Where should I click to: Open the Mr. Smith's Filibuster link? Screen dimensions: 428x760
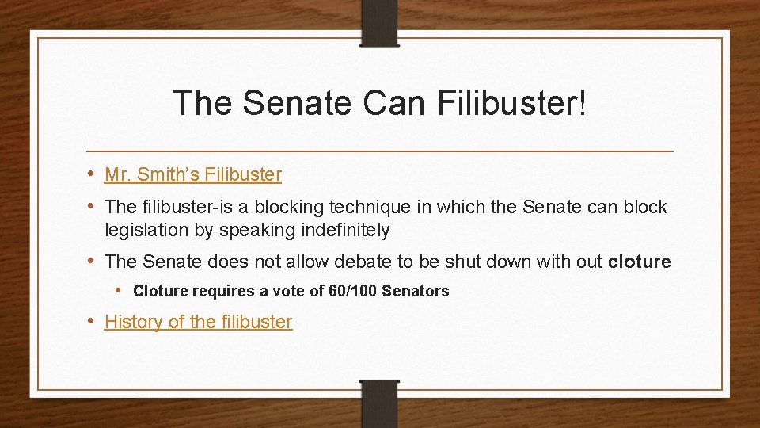[193, 174]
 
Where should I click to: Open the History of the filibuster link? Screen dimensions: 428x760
[198, 322]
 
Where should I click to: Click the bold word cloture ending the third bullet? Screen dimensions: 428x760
[639, 262]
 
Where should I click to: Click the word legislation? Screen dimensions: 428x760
[142, 231]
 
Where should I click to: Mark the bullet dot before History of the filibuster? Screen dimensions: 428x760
[91, 321]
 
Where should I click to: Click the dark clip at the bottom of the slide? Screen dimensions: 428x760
[379, 403]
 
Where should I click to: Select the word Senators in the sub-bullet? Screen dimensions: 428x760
[415, 292]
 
